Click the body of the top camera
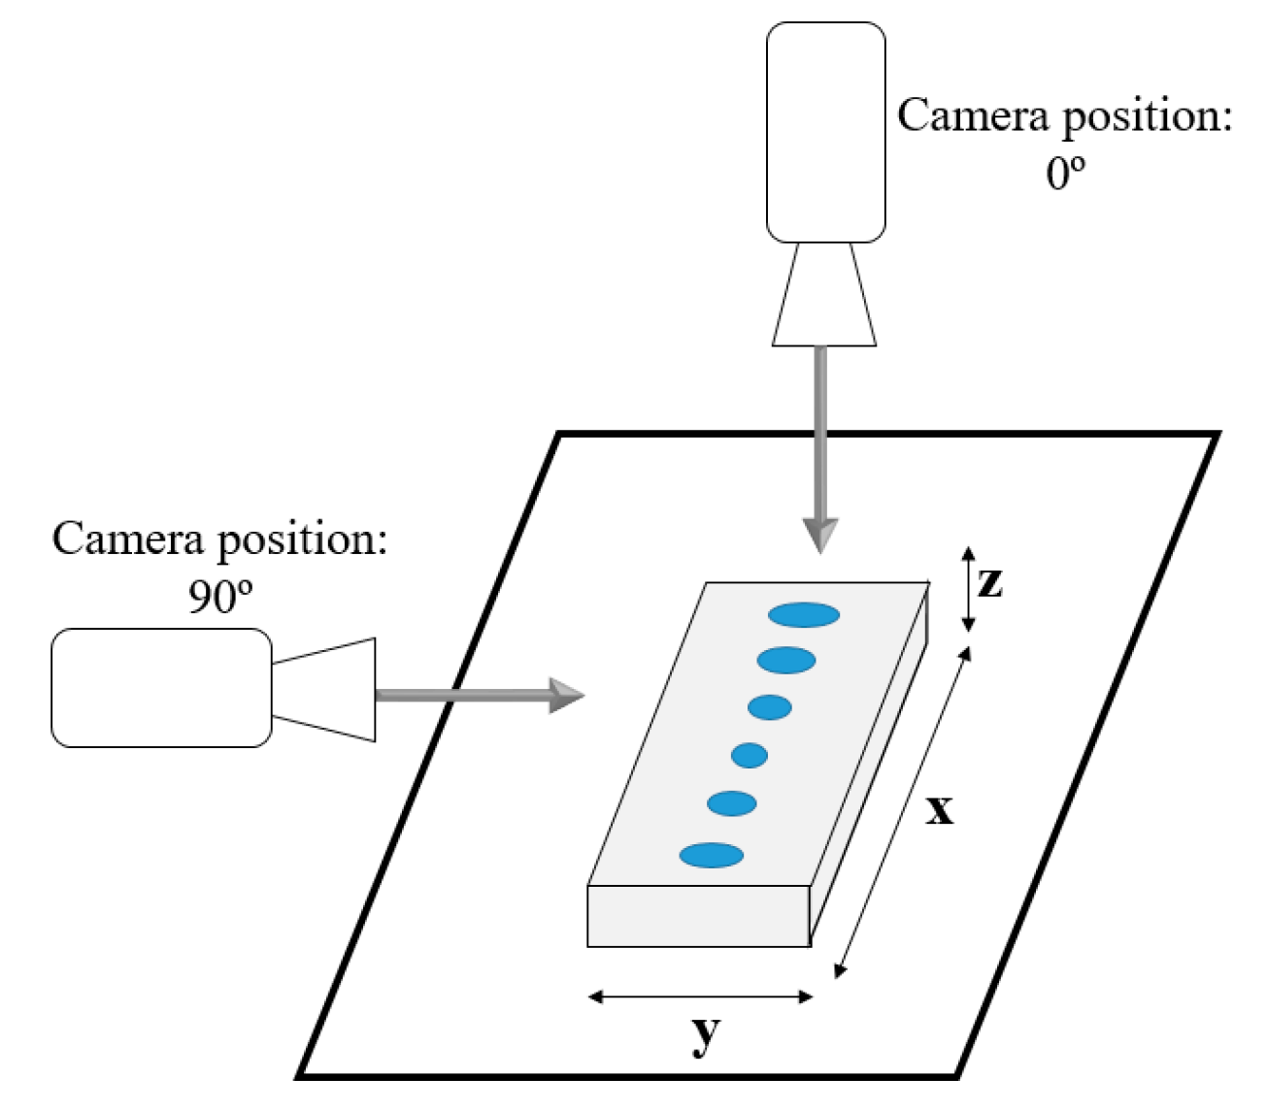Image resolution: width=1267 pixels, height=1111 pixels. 825,132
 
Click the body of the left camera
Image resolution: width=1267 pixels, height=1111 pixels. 161,688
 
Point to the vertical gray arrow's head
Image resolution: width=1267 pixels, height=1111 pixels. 821,535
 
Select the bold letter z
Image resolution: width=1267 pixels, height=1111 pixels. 989,582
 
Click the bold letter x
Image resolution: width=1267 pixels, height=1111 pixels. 939,808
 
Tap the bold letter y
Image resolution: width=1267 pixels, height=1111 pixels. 706,1036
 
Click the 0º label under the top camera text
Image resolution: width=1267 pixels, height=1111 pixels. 1065,173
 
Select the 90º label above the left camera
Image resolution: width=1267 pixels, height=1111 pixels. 220,597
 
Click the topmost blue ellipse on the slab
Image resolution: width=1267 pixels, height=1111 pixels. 804,614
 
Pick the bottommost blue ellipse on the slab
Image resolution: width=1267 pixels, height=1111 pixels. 712,855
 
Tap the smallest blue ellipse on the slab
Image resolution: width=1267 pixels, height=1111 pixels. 750,755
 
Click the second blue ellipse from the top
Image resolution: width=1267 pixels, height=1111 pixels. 786,661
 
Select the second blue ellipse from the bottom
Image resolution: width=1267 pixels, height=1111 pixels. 732,803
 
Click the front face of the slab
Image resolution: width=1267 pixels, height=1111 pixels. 698,916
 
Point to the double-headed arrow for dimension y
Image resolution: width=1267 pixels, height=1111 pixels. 700,997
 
